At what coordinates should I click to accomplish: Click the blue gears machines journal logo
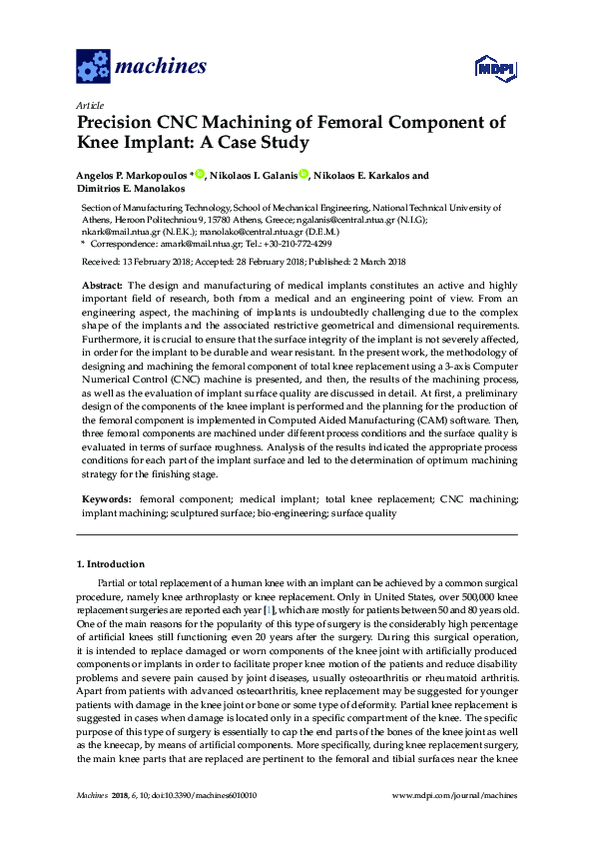click(x=93, y=67)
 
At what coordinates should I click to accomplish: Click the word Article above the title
click(x=90, y=105)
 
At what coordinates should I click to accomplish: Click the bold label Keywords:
click(x=105, y=497)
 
